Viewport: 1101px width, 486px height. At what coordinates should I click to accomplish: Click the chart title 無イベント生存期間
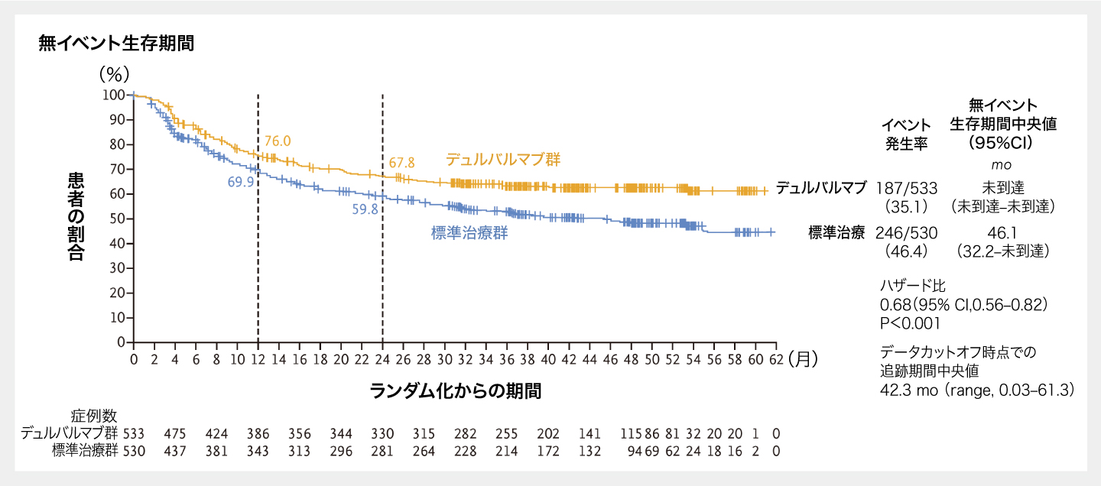(116, 44)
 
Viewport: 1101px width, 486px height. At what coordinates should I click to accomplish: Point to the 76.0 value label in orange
(278, 141)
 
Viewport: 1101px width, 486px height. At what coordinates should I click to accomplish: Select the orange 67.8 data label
(401, 163)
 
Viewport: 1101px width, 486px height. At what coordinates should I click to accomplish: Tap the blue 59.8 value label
(365, 209)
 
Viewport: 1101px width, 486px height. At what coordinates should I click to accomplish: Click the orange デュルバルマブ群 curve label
(503, 160)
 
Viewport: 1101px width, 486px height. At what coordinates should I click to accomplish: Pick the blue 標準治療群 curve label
(469, 234)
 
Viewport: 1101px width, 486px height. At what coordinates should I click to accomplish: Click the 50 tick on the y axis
(117, 219)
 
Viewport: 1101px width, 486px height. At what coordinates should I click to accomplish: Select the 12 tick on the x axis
(258, 359)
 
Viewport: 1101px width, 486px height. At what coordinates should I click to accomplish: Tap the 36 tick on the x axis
(506, 359)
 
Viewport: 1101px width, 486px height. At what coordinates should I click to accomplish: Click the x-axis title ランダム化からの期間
(456, 391)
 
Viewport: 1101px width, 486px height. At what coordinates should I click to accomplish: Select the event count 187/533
(906, 188)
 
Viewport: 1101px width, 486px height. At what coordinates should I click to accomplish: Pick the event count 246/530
(906, 233)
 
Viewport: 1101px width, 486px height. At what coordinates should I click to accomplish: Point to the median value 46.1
(1001, 233)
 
